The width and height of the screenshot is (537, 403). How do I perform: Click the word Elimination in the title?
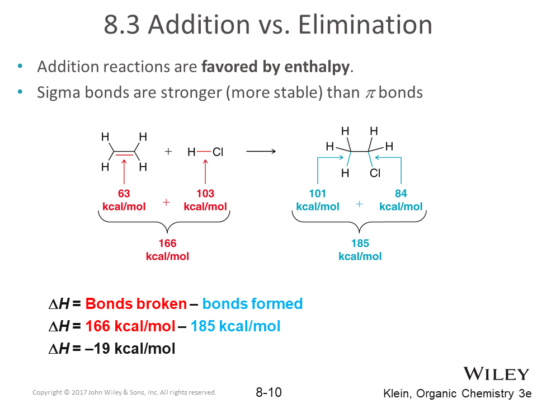pos(365,25)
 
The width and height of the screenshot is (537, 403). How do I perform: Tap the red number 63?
pos(124,194)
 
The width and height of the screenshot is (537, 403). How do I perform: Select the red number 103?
pos(205,194)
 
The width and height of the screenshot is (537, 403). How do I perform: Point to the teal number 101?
pos(318,194)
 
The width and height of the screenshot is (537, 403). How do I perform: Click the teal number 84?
pos(401,194)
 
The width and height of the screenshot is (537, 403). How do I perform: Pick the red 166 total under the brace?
pos(167,243)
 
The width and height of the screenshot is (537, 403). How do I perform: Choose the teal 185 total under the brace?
pos(360,243)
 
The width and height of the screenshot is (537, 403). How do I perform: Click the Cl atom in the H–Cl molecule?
pos(218,152)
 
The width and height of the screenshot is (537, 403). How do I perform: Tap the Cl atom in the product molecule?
pos(375,173)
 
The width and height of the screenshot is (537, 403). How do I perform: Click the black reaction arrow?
pos(261,151)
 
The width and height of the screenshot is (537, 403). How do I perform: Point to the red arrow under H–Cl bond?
pos(205,172)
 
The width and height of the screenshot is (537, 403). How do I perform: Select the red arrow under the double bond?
pos(124,172)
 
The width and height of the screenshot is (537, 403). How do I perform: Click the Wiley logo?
pos(496,373)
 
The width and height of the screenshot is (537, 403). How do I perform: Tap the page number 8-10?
pos(269,392)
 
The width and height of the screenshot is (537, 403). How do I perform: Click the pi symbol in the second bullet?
pos(370,93)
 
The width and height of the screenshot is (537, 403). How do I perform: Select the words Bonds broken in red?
pos(136,303)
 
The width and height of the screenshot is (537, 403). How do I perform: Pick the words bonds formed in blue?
pos(252,303)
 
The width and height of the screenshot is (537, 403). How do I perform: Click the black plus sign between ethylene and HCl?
pos(168,152)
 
